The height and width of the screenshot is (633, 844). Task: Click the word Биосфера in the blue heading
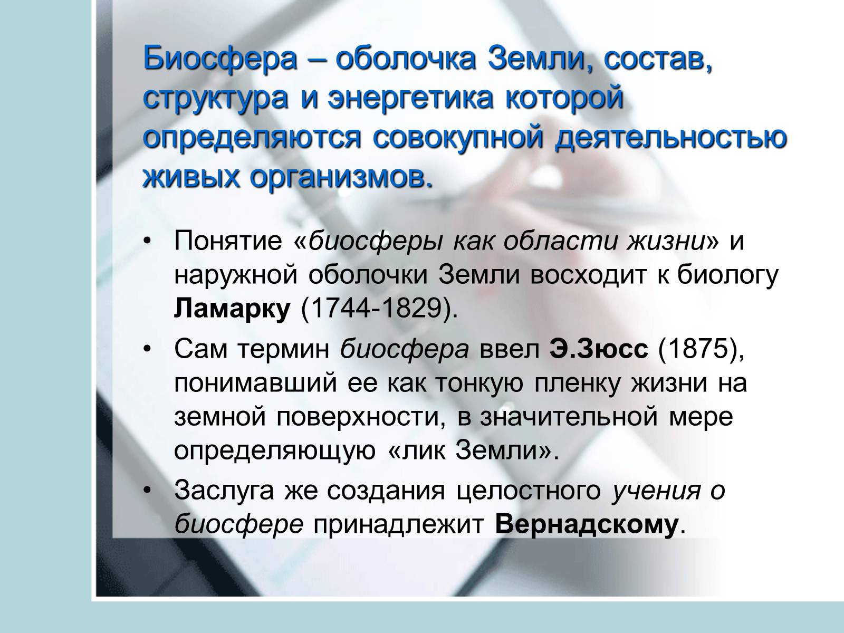[220, 58]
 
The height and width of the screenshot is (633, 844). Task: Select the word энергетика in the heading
[410, 98]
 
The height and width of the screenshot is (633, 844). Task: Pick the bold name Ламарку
[232, 309]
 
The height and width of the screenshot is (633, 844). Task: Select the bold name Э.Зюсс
[599, 350]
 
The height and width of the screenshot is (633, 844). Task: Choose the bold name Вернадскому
[587, 525]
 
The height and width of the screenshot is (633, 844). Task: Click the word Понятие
[228, 242]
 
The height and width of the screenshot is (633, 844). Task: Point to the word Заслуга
[224, 491]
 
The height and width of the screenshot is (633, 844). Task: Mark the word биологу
[727, 276]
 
